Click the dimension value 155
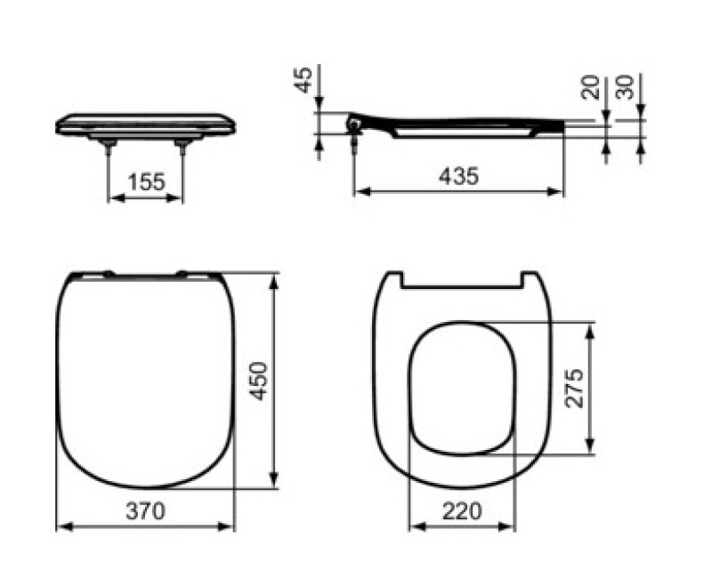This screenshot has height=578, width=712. click(x=146, y=182)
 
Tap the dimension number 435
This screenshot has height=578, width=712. click(x=459, y=176)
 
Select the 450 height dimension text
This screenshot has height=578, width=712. click(x=258, y=381)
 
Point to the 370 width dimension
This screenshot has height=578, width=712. click(x=145, y=511)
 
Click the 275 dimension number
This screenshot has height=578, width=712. click(x=574, y=388)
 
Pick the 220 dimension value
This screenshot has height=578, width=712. click(x=461, y=511)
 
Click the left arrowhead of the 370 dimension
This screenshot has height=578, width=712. click(x=61, y=526)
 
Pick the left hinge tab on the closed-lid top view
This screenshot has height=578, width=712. click(x=107, y=273)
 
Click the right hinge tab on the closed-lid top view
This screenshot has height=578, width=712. click(x=183, y=273)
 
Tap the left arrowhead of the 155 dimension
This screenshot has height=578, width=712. click(x=112, y=197)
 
